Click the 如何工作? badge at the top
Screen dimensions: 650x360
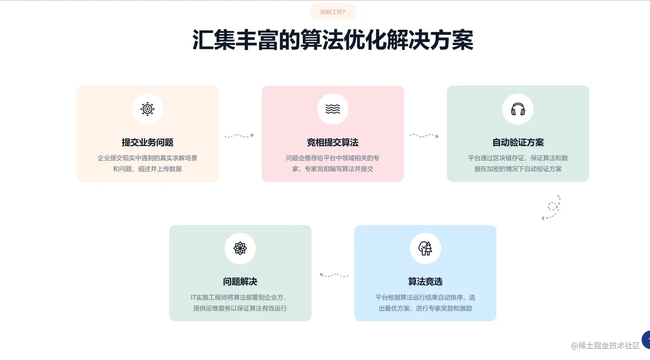coord(332,12)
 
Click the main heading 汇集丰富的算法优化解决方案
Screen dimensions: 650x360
coord(332,40)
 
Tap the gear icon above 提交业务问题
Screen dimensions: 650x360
coord(147,109)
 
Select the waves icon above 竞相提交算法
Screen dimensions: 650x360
coord(333,109)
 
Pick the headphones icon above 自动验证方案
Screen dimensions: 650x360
coord(518,109)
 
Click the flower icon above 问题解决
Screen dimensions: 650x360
coord(240,248)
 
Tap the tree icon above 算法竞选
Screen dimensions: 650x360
coord(425,248)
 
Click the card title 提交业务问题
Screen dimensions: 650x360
coord(147,142)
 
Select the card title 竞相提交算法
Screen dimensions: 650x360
coord(333,142)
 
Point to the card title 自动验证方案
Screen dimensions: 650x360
coord(518,142)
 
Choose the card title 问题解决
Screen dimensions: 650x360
coord(240,282)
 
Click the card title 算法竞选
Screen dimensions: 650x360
coord(425,282)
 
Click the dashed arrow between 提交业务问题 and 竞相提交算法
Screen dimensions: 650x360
coord(239,136)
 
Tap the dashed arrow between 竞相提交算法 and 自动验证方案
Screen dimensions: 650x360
coord(424,136)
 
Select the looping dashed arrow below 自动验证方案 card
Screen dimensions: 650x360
coord(552,208)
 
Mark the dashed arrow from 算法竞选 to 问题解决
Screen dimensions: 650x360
coord(334,275)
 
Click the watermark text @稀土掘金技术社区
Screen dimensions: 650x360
coord(605,346)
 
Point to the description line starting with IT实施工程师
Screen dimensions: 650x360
coord(239,297)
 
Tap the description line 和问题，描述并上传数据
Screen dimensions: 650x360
coord(147,169)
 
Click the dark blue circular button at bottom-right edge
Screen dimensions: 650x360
coord(646,340)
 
